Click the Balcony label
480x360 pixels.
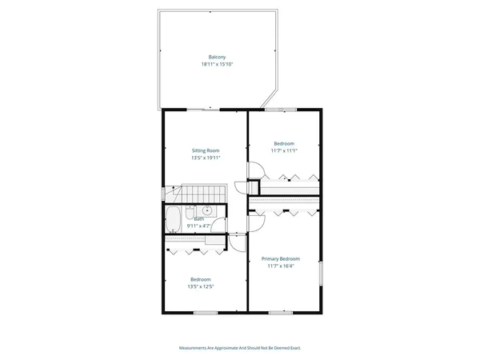coord(216,57)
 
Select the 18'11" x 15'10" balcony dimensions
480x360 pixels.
coord(216,64)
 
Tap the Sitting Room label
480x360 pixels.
coord(206,150)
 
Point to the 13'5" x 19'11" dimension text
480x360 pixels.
coord(206,158)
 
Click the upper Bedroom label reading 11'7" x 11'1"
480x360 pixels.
coord(283,143)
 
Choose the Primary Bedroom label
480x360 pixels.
coord(284,259)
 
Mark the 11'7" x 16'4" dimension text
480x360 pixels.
coord(284,266)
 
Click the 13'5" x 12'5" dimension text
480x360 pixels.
coord(200,286)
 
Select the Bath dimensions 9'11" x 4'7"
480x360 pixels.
coord(198,226)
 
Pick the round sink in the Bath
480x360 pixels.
coord(206,210)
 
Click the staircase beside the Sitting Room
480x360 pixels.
coord(200,194)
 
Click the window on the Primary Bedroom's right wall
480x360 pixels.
coord(322,274)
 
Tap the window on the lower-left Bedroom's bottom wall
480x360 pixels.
coord(205,313)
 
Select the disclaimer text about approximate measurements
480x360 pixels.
coord(240,348)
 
